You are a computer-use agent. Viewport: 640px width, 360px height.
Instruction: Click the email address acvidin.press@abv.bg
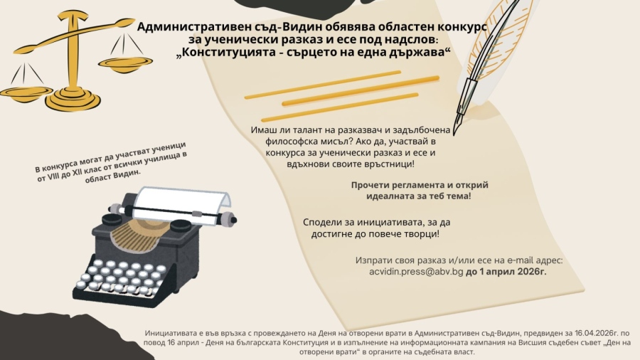416,272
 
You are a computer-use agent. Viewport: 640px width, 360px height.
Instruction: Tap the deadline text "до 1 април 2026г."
506,272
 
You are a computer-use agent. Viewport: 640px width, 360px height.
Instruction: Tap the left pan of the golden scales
26,92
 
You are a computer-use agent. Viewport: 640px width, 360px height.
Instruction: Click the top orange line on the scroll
322,85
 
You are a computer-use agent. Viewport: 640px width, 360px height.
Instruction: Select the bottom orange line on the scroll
340,107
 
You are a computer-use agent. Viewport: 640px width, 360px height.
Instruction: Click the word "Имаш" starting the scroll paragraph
262,130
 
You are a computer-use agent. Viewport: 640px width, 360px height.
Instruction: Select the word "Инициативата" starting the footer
168,334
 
